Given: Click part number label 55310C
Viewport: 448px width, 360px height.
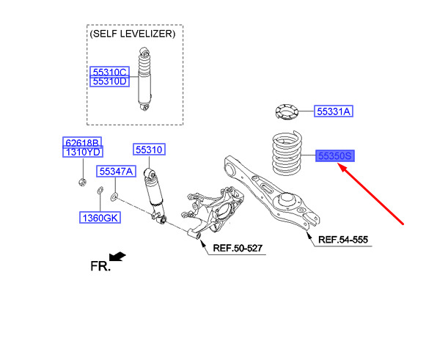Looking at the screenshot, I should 109,72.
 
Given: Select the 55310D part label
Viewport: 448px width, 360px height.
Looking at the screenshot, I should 109,82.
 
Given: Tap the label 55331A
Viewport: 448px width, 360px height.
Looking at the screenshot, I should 334,111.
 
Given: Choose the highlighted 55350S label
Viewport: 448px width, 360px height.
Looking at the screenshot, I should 335,155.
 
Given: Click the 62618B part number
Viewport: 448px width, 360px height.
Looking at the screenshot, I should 81,142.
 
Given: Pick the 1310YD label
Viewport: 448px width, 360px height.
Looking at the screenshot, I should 81,152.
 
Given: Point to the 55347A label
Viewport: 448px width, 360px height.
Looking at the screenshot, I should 116,172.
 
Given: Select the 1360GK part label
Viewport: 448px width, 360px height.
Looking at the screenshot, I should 100,218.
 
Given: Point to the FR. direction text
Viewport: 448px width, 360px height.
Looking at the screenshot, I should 100,266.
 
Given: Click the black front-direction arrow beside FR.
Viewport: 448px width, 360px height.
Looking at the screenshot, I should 117,257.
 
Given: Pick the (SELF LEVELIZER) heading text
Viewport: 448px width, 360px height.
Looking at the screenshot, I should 132,34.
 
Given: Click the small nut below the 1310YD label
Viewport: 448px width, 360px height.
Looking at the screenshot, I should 80,180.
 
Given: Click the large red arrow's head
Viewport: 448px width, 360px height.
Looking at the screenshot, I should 342,168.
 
